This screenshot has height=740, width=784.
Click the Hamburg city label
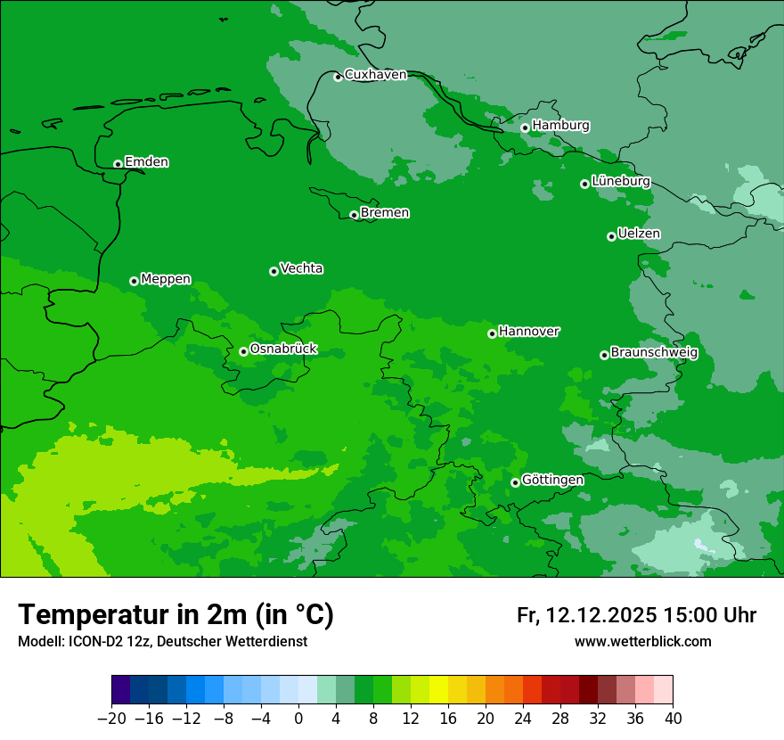(x=560, y=126)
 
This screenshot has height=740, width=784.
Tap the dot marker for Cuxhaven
(x=338, y=77)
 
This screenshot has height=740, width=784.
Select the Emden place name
(x=146, y=162)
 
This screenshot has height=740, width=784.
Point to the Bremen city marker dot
(x=354, y=215)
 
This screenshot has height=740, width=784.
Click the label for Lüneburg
(x=620, y=181)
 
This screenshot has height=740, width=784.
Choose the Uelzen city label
(x=639, y=234)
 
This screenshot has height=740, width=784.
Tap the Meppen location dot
(x=134, y=281)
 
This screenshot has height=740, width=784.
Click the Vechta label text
(x=301, y=268)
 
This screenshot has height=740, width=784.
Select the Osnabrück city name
(x=283, y=349)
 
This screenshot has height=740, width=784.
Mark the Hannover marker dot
(x=492, y=333)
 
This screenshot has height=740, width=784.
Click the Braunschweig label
(x=654, y=352)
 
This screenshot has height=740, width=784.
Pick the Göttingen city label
(x=552, y=480)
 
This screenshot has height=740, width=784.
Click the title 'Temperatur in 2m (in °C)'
(x=176, y=614)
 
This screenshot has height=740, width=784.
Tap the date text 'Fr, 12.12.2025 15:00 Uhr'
(x=636, y=615)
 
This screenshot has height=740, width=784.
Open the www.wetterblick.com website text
(x=642, y=641)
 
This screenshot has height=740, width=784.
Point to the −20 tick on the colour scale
(x=111, y=719)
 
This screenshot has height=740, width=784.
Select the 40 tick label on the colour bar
(x=673, y=719)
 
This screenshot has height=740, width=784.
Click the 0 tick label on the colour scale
(x=298, y=719)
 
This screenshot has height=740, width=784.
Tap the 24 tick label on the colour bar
(x=523, y=719)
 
